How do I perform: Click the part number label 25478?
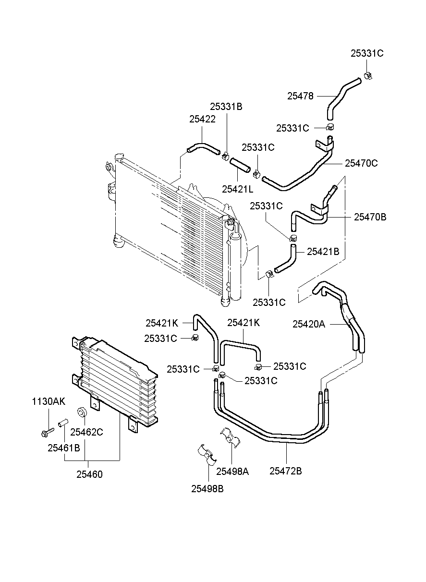300,96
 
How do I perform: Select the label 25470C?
361,163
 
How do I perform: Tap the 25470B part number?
370,217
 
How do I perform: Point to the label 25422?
203,119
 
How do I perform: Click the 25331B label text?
226,107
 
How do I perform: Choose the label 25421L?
238,189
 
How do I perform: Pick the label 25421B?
323,252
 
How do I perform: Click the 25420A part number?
309,324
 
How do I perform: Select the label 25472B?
286,471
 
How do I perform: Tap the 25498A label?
232,471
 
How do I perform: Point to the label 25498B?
207,489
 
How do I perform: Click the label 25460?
89,474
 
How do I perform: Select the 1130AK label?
49,401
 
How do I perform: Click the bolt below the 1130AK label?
48,432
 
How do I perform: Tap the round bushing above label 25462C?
82,412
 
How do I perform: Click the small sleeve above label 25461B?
63,422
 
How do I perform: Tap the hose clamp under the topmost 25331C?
368,75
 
